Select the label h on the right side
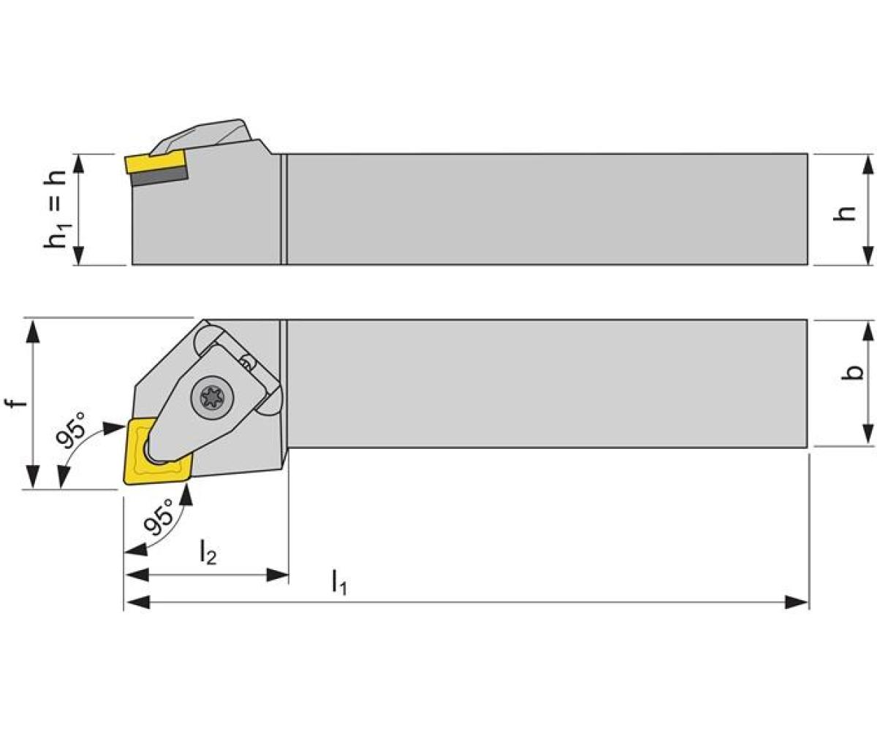(x=846, y=212)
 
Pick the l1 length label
(x=338, y=582)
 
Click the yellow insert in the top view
(x=157, y=451)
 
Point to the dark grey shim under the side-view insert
(x=159, y=177)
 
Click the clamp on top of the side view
(x=208, y=134)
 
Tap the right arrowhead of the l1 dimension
(x=798, y=602)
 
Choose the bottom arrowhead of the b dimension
(x=867, y=434)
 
